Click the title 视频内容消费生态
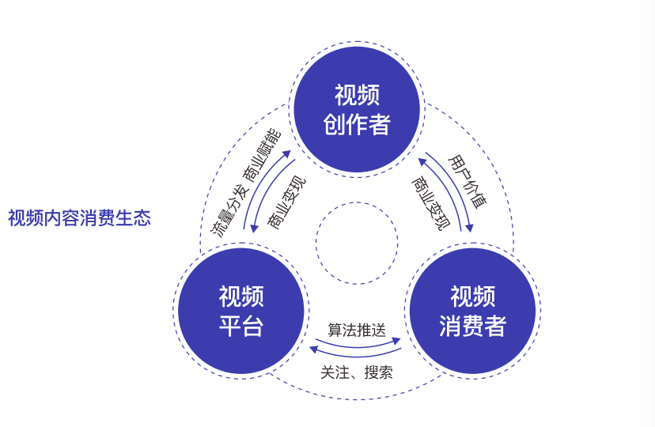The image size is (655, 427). pos(79,217)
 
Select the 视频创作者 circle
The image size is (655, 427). pos(357,110)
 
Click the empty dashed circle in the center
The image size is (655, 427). pos(357,243)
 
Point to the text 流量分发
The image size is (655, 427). pos(229,213)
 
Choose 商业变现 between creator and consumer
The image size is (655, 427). pos(428,202)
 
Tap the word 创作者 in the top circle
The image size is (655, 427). pos(357,124)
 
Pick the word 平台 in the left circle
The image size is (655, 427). pos(241,326)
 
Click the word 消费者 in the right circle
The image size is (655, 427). pos(472,326)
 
